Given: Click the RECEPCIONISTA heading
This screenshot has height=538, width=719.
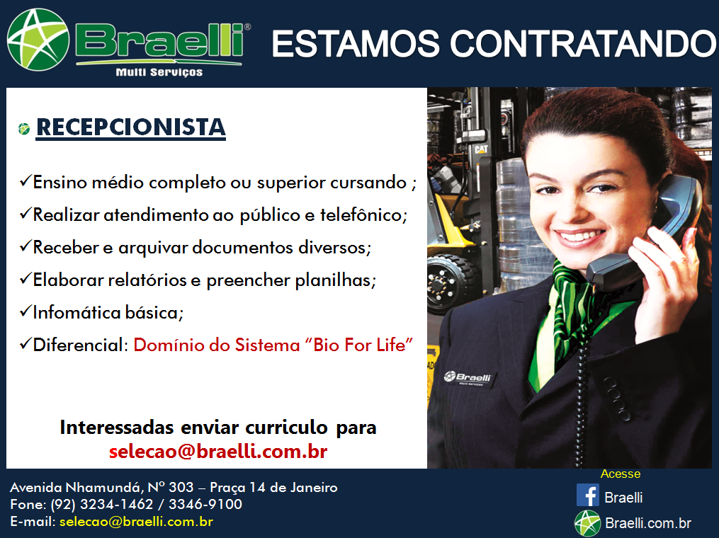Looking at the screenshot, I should click(130, 128).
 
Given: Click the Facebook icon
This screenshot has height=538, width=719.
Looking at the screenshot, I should click(587, 496).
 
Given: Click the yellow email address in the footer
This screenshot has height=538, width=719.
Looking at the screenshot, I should click(137, 522).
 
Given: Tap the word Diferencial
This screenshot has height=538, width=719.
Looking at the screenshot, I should click(80, 345).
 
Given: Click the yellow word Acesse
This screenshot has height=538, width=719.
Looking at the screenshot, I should click(620, 474).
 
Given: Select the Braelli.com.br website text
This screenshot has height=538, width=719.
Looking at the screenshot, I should click(648, 524).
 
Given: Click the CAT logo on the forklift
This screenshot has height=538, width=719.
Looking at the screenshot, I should click(481, 149).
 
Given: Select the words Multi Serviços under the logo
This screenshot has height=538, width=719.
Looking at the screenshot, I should click(159, 72).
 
